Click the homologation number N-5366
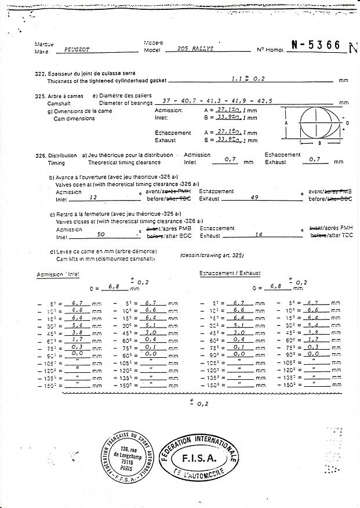coord(315,46)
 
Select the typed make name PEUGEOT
coord(77,50)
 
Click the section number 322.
coord(40,74)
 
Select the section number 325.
coord(40,96)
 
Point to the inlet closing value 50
coord(100,234)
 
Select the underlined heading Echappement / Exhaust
coord(230,273)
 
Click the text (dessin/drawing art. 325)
coord(212,255)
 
